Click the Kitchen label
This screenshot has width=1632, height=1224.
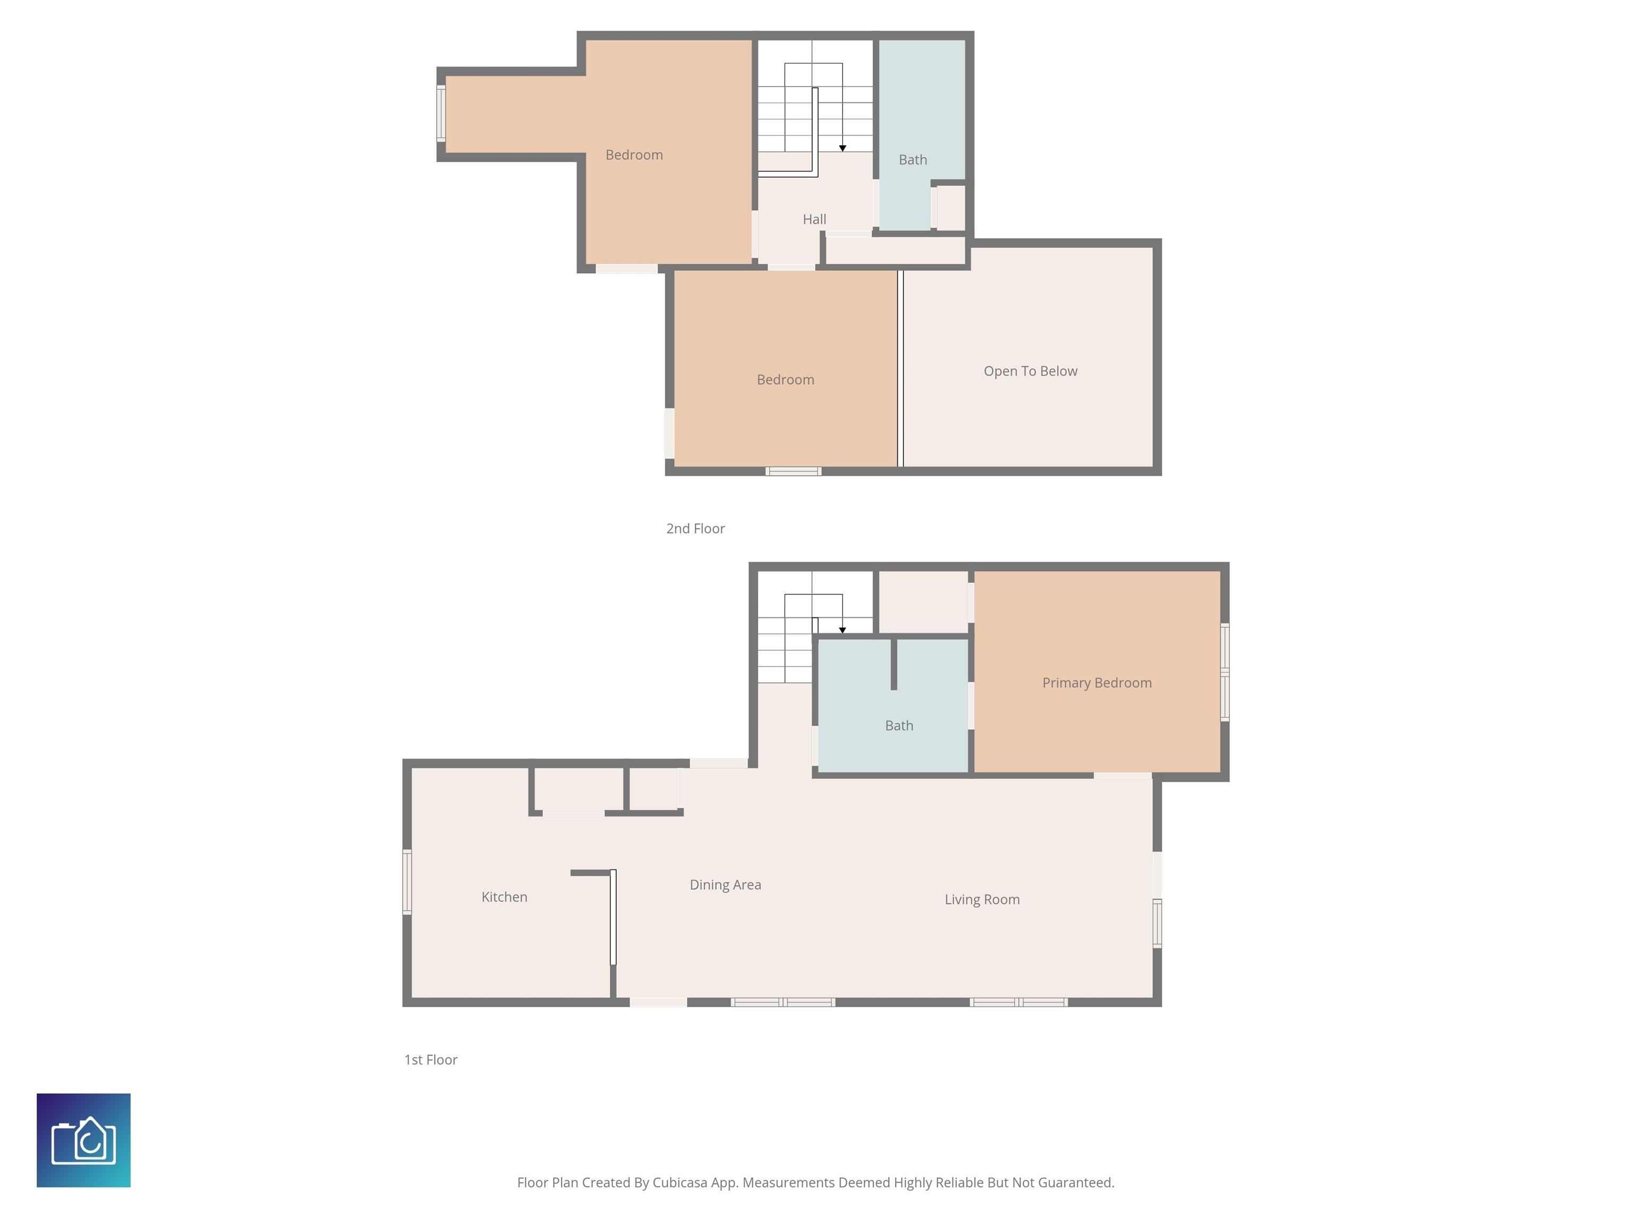pos(504,897)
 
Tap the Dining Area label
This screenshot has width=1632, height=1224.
pos(725,885)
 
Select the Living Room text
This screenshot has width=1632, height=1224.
pos(982,899)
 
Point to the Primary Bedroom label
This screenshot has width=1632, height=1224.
pos(1096,683)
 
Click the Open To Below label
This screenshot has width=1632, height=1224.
pos(1030,371)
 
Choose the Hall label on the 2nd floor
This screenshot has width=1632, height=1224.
pos(814,219)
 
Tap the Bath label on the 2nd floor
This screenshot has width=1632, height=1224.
pos(913,159)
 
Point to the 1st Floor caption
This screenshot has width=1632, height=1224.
pos(430,1059)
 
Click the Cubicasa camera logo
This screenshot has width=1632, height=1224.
pos(83,1140)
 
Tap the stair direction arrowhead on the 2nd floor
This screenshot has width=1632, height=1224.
pos(843,148)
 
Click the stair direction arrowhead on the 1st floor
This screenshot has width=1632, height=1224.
pos(843,630)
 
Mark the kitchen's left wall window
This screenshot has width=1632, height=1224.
pos(406,882)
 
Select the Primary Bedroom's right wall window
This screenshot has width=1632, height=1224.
pos(1225,672)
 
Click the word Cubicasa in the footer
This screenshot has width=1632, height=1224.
pos(679,1183)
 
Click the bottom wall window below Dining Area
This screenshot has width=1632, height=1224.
pos(783,1002)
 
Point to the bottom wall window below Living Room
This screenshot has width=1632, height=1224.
pos(1019,1002)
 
